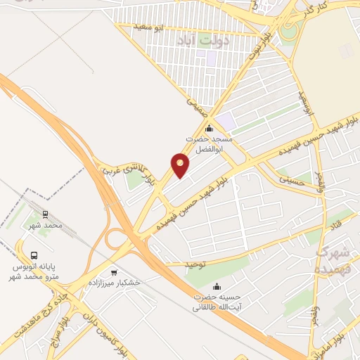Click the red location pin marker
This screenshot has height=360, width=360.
pos(180,165)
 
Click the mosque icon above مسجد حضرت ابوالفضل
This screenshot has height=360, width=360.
pos(209,128)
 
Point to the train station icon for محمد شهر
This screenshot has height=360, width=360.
pos(46,214)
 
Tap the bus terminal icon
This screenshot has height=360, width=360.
pos(34,256)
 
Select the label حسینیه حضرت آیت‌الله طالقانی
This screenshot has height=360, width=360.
pos(217,302)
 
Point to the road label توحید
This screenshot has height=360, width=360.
pos(198,264)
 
